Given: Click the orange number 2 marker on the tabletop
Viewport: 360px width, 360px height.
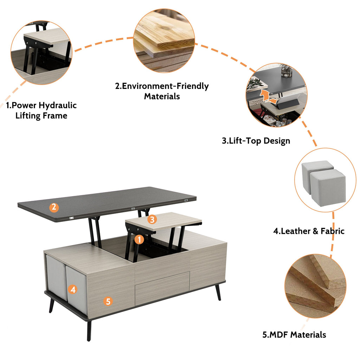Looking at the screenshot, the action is pos(54,207).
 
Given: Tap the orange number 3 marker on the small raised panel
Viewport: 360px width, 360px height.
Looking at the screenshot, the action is pos(152,219).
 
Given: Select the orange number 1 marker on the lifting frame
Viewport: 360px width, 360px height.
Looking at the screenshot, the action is pos(139,240).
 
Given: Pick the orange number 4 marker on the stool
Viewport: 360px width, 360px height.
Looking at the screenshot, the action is pos(73,290).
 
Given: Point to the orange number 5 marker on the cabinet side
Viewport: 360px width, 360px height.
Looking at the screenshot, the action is pos(108,301).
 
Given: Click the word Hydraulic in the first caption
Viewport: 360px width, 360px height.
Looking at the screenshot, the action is pos(58,105).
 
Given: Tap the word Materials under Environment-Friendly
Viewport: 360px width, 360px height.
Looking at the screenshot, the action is pos(162,96).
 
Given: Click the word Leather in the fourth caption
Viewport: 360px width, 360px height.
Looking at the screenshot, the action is pos(294,231).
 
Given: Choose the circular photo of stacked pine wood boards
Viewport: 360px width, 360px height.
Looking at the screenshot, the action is pos(164,41).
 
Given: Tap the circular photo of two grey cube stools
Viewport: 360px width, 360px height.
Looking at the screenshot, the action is pos(325,180).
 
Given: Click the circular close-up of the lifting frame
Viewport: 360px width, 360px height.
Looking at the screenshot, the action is pos(41,53).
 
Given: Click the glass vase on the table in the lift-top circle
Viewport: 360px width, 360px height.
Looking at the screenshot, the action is pos(286,71).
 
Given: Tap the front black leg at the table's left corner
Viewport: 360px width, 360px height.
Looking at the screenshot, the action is pos(89,330).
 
